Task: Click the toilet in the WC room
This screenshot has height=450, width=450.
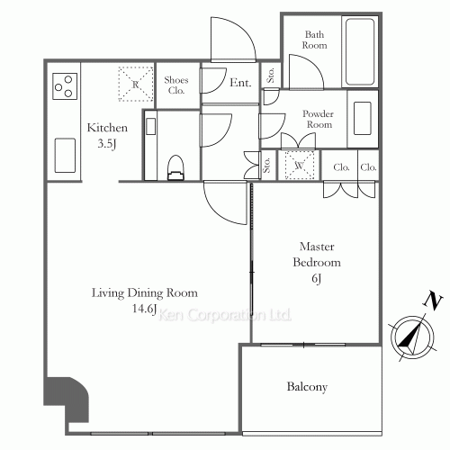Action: [x=175, y=168]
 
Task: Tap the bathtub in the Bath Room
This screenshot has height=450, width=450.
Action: [x=360, y=51]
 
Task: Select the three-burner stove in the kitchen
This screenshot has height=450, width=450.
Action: [x=65, y=86]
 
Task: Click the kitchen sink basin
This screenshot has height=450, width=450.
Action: [x=65, y=156]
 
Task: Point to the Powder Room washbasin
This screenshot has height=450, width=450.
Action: [x=363, y=119]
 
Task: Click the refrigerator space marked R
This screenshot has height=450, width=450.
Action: [x=136, y=85]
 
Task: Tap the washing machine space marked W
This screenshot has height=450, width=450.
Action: [x=300, y=165]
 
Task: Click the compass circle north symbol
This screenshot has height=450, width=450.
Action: [x=412, y=337]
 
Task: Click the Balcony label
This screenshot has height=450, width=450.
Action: [x=307, y=386]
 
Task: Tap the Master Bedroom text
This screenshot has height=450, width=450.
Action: [x=317, y=255]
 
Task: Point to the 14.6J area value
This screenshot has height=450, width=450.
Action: [x=145, y=309]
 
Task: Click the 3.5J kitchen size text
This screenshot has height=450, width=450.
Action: [x=107, y=144]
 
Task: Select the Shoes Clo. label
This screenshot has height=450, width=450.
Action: [x=176, y=85]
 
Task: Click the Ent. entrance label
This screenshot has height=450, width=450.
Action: [x=240, y=83]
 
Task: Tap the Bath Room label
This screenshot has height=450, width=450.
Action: [x=314, y=40]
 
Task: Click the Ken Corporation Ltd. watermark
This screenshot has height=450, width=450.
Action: [x=225, y=315]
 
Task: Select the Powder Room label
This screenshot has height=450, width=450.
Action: [x=319, y=119]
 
